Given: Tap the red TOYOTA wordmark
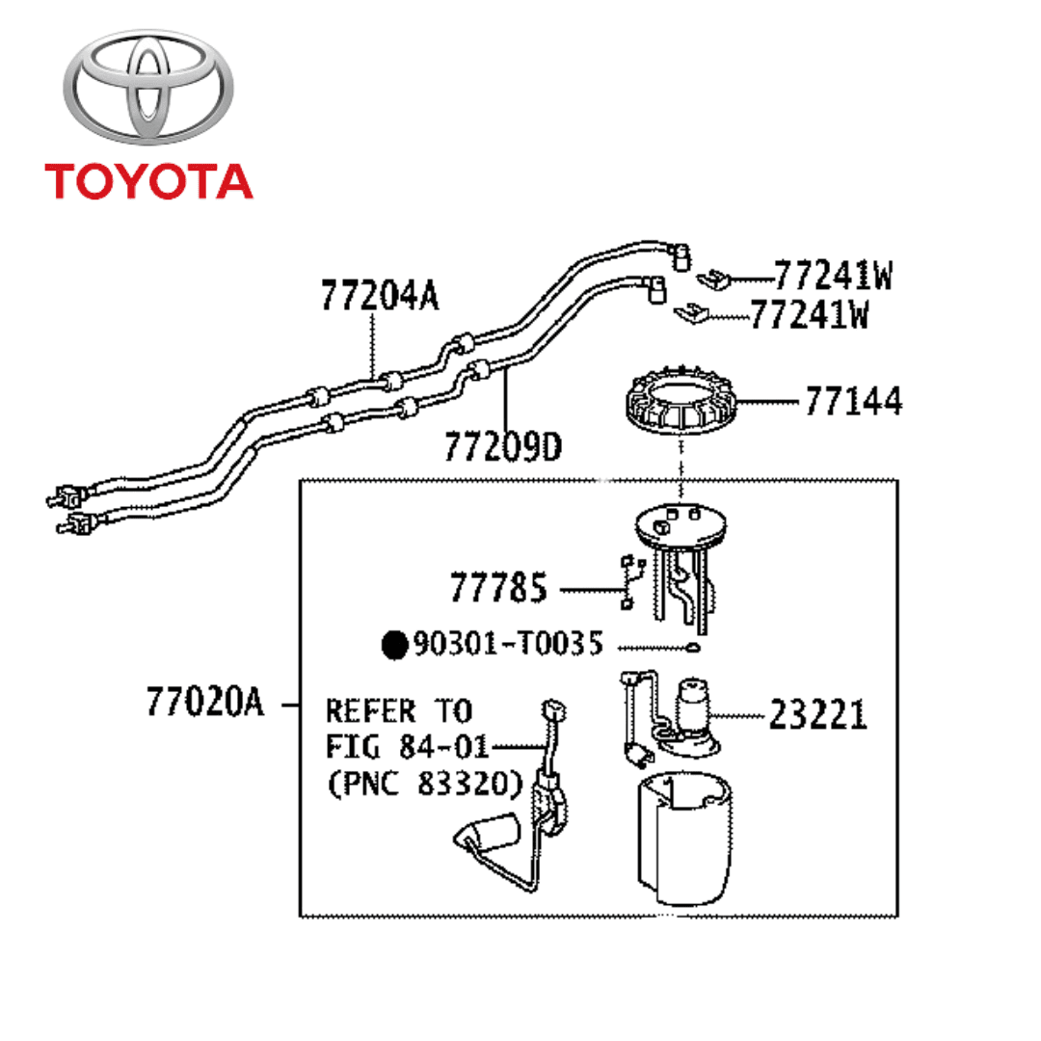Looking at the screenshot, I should [148, 181].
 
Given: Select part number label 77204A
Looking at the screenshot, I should [379, 297].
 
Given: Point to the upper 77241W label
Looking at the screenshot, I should [833, 277].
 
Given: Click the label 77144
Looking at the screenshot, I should [853, 402].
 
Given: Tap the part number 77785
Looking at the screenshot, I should [497, 587].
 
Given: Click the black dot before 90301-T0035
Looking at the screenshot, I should [393, 644].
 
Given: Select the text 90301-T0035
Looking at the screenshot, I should [508, 643].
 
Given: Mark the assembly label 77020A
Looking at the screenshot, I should [204, 703].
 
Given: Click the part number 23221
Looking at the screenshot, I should [817, 715].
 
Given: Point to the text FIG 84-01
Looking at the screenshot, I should [407, 747].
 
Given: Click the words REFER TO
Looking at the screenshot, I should [398, 711].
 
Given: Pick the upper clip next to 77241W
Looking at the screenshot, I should [711, 278].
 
